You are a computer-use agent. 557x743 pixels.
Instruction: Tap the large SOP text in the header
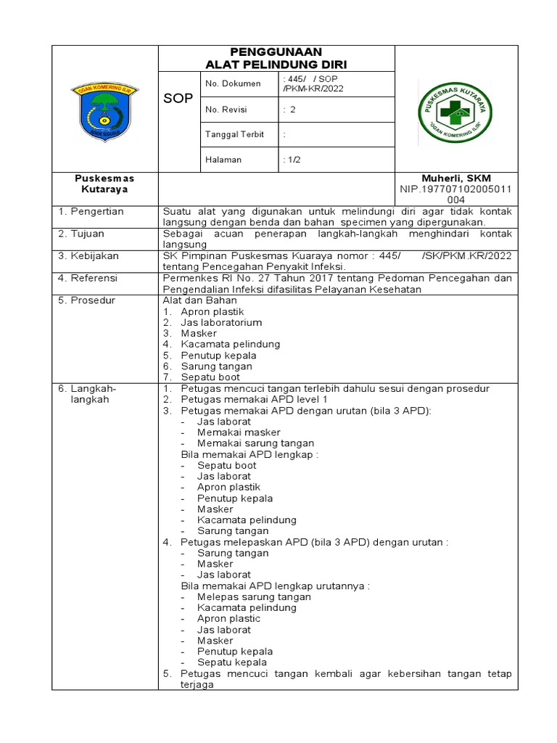tap(178, 98)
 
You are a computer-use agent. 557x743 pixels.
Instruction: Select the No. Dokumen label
tap(233, 84)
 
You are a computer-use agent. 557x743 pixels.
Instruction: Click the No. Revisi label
tap(226, 110)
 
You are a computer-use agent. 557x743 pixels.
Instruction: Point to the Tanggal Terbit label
tap(234, 134)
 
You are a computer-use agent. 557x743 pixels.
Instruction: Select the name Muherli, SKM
tap(456, 178)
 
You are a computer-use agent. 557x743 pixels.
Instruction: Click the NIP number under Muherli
tap(456, 194)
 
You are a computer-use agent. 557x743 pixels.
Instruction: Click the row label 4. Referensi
tap(90, 278)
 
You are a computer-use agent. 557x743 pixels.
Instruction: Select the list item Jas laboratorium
tap(221, 322)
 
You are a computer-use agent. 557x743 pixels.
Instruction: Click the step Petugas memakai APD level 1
tap(254, 399)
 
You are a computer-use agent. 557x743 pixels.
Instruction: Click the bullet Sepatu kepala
tap(231, 662)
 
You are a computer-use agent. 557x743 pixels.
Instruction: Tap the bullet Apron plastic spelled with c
tap(228, 618)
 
